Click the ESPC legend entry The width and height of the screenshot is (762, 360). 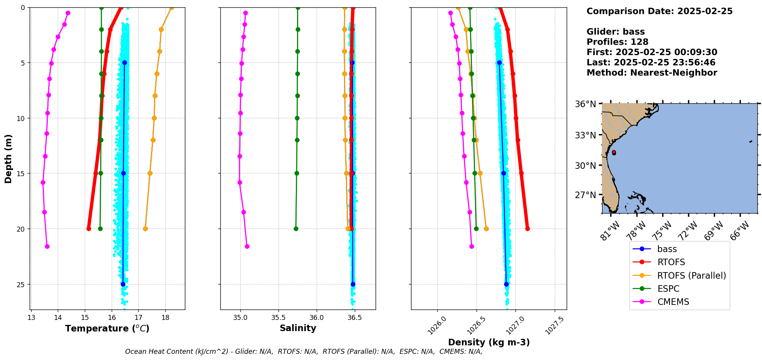click(x=668, y=289)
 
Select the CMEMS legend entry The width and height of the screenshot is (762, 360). click(x=673, y=302)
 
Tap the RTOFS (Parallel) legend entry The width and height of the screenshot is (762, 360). click(x=691, y=276)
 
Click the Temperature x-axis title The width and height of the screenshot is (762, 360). click(x=107, y=328)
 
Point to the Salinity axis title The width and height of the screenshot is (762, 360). click(x=298, y=328)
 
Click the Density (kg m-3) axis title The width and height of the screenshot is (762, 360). click(x=489, y=342)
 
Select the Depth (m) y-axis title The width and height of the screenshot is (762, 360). click(x=8, y=158)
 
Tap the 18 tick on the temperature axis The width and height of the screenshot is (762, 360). click(x=165, y=318)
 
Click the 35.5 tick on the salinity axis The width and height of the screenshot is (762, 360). click(x=278, y=318)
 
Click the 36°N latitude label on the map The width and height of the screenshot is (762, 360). click(x=585, y=104)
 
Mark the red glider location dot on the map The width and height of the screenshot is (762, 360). click(x=614, y=153)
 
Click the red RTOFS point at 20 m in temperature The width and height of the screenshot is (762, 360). click(x=89, y=229)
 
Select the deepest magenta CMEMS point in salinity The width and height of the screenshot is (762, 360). click(x=247, y=246)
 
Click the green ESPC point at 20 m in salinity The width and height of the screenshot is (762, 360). click(x=296, y=229)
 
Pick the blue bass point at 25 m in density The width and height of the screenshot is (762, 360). click(x=506, y=284)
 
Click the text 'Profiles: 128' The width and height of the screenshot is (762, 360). click(x=617, y=42)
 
